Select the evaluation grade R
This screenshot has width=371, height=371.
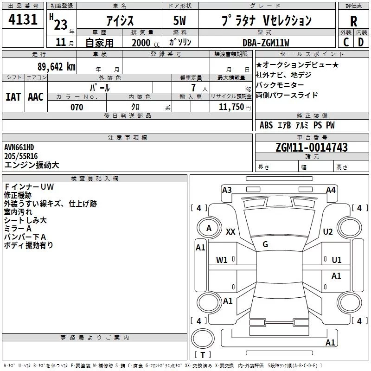coord(353,21)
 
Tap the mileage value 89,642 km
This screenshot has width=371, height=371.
coord(56,67)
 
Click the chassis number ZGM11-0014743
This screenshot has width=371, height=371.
coord(311,147)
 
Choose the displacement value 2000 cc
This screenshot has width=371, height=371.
coord(146,43)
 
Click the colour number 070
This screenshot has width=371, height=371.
coord(77,107)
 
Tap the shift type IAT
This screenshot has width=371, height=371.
coord(13,97)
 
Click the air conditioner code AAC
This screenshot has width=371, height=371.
coord(36,97)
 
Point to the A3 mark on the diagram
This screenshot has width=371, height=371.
coord(227,190)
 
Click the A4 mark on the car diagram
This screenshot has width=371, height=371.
coord(331,190)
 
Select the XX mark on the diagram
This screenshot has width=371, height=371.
coord(230,232)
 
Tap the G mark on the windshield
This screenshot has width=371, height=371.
coord(265,244)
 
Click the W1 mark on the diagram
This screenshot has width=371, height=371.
coord(222,260)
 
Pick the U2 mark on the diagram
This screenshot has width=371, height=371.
coord(328,232)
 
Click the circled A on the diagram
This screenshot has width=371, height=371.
coord(209,228)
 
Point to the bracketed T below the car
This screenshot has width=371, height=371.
coord(202,355)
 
